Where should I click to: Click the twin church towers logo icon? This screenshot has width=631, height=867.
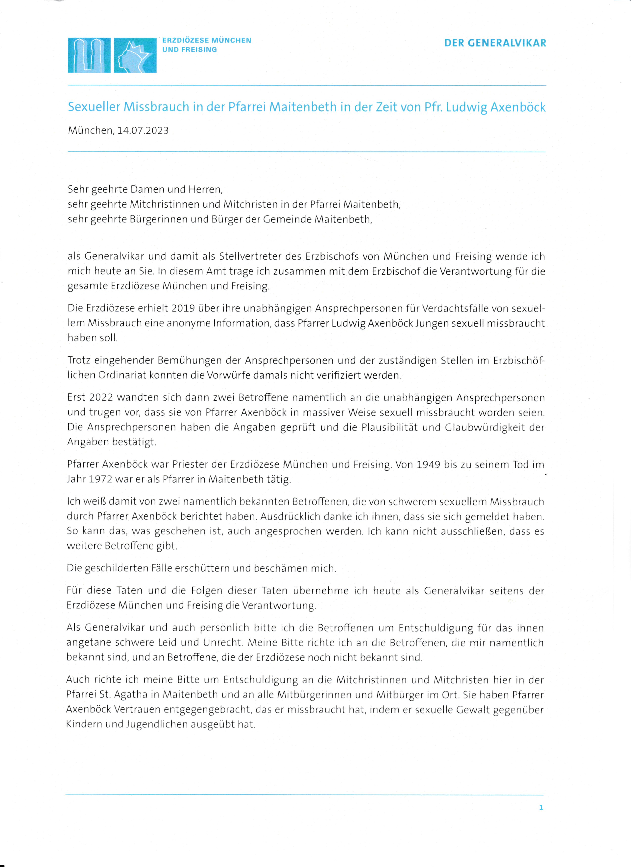[89, 55]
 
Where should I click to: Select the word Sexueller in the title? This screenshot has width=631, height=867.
[94, 107]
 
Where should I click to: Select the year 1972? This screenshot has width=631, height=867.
[100, 479]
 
